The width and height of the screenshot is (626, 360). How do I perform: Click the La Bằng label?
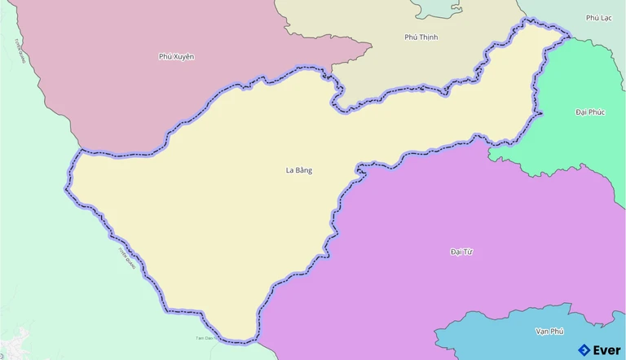299,170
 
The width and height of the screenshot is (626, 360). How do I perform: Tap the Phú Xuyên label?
177,56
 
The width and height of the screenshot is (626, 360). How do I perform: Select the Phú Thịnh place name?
421,37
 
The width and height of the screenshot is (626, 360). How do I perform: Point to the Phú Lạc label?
598,17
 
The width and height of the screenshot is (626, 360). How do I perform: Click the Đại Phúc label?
589,112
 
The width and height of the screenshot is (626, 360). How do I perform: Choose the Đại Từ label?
461,252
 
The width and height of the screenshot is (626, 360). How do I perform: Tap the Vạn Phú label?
549,331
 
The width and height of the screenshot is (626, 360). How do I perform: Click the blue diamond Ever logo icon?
584,350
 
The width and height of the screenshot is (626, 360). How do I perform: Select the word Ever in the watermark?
606,350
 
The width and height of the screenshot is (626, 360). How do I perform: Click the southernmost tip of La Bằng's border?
243,340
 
